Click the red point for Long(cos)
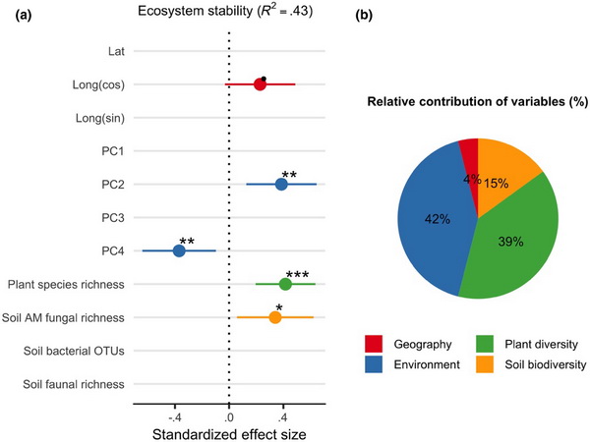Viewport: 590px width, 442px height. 260,84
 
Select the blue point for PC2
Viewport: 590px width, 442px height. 281,184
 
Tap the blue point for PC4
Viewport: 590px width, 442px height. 179,250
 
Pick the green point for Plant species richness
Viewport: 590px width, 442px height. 285,284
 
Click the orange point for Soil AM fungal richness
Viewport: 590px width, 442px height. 275,317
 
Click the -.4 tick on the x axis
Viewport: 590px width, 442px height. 175,414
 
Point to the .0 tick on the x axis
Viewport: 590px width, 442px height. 230,414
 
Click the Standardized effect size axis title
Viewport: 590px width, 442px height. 229,432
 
